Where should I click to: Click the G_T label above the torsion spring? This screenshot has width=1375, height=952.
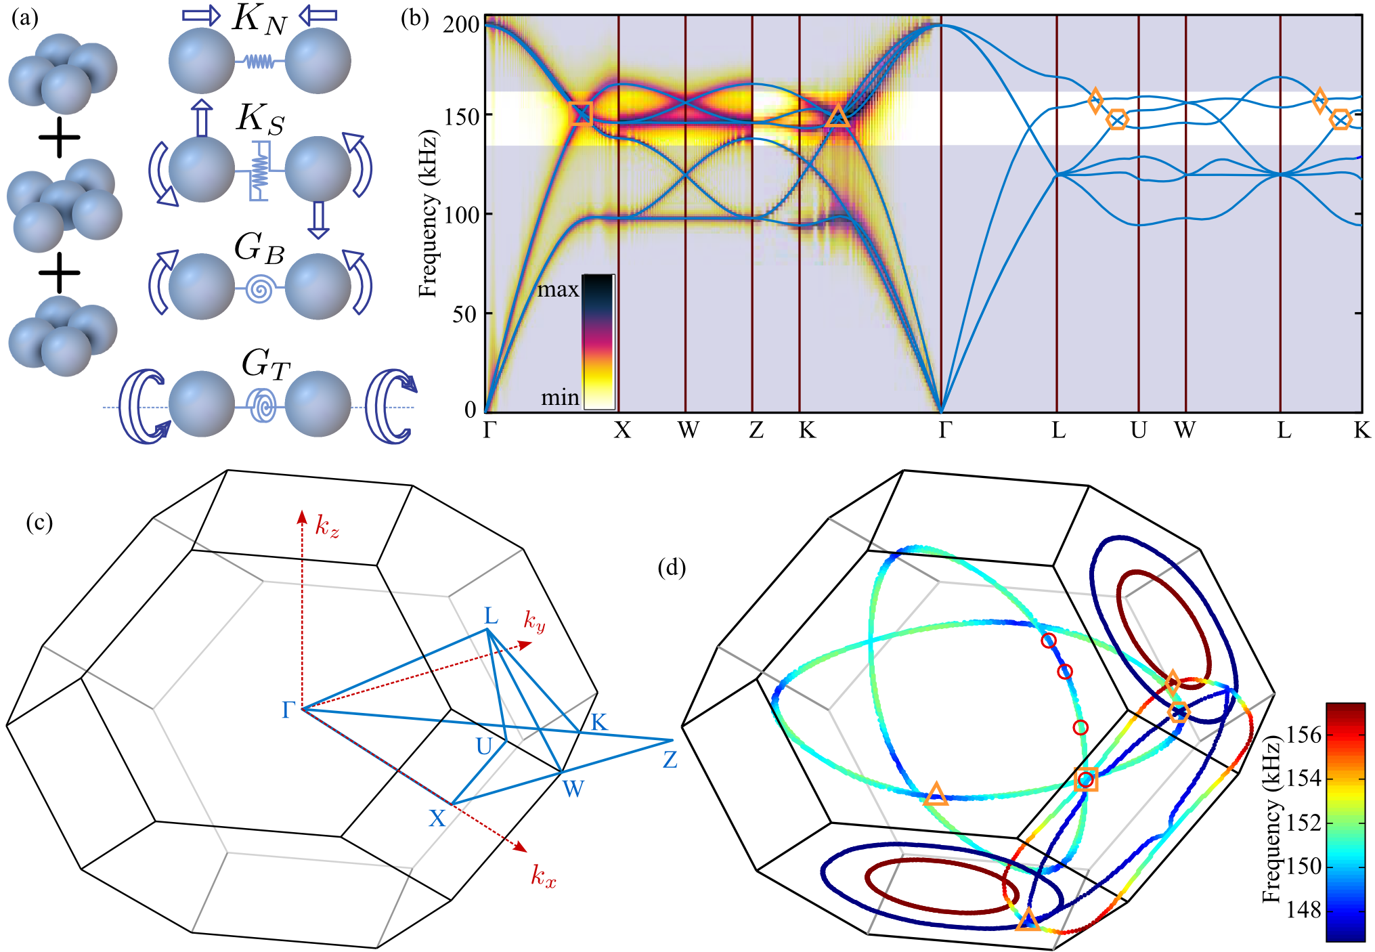pos(266,366)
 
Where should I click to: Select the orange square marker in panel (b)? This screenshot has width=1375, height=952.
pos(581,114)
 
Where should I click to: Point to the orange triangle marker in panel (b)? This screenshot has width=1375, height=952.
pos(837,116)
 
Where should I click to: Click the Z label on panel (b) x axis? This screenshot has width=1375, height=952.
pos(756,430)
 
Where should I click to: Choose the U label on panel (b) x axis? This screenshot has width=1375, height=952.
pos(1139,430)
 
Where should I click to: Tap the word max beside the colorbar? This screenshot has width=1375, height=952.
pos(558,290)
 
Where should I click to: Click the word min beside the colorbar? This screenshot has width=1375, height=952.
pos(560,397)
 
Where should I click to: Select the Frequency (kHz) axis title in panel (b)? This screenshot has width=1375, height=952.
pos(428,213)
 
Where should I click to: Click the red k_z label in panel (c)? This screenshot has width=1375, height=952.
pos(327,526)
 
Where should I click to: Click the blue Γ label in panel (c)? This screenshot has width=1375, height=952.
pos(288,710)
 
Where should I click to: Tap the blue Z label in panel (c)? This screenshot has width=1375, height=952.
pos(670,760)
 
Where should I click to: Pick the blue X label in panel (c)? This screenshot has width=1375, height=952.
pos(437,819)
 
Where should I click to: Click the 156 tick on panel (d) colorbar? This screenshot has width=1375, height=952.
pos(1303,735)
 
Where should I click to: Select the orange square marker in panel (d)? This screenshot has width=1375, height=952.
pos(1085,780)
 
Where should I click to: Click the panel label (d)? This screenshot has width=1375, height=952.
pos(672,567)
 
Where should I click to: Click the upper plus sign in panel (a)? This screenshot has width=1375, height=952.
pos(60,137)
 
